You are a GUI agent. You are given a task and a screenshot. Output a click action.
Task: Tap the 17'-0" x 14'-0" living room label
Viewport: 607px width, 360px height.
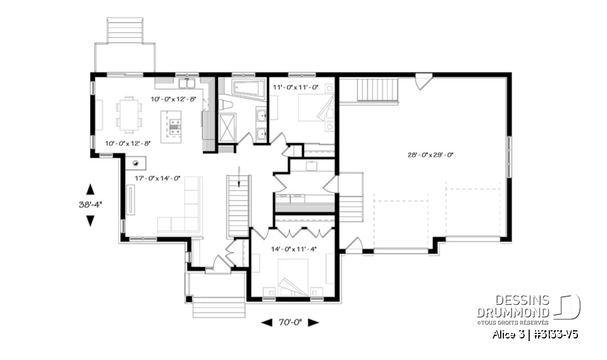pos(157,178)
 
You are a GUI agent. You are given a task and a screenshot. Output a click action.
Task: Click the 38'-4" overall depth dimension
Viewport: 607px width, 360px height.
pos(89,204)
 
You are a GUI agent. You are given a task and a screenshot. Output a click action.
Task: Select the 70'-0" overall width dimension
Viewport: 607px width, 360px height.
pos(290,322)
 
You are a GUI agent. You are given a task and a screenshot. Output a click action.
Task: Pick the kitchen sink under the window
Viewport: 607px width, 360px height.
pos(186,84)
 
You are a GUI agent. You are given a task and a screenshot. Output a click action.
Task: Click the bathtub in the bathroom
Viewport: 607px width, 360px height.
pos(247,88)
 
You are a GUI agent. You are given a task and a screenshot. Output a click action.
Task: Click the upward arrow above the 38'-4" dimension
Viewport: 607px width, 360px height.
pos(89,189)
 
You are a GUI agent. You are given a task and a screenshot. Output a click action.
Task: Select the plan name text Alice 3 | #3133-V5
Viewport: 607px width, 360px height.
pos(535,335)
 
